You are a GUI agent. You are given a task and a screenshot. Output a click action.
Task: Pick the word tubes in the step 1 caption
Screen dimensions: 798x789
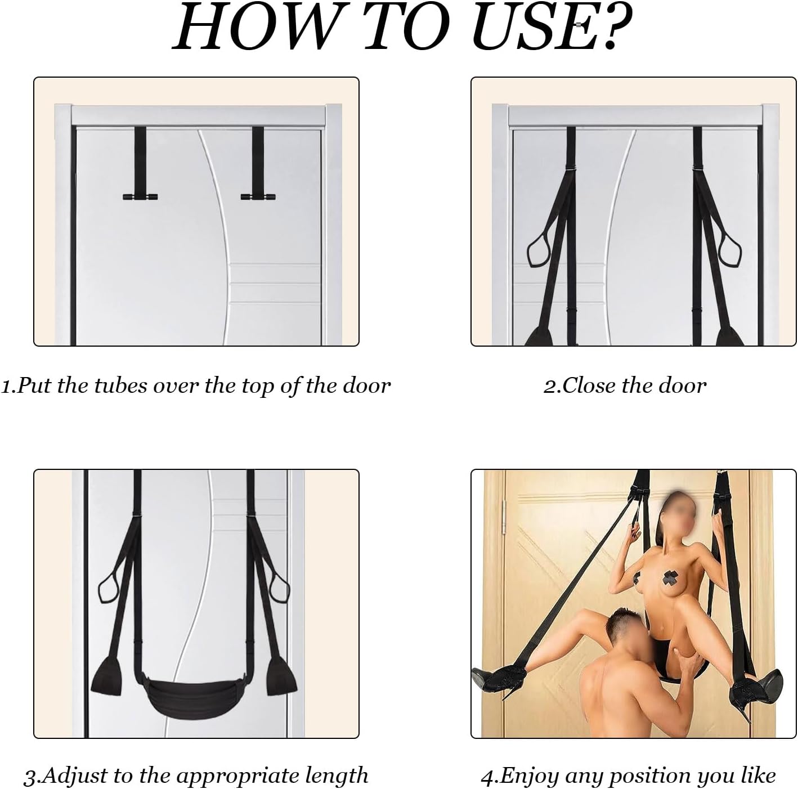pyautogui.click(x=120, y=385)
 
